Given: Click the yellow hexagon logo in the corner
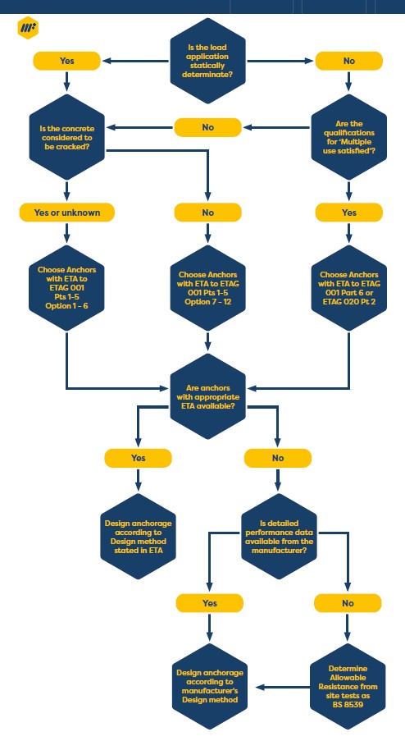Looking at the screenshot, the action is pos(28,29).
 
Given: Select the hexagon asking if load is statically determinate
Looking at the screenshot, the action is pos(207,61).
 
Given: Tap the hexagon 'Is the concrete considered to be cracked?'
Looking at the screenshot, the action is pos(66,137).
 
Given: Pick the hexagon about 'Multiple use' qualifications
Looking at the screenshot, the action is pos(348,137).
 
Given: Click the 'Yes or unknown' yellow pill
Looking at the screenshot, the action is pos(66,213).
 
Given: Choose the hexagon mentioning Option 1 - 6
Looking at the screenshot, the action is pos(66,288).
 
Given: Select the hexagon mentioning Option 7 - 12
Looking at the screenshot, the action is pos(207,288).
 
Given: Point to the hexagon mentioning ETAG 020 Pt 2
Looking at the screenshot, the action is pos(348,288).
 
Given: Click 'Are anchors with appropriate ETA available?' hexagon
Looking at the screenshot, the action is pos(207,396).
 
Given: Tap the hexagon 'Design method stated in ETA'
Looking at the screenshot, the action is pos(138,537).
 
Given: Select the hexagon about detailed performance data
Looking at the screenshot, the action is pos(279,537).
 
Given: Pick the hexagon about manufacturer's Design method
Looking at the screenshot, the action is pos(210,686).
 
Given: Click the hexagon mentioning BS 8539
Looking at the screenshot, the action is pos(348,686).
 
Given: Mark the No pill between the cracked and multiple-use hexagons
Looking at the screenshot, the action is pos(207,127).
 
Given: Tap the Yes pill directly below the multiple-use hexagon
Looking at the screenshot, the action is pos(348,213).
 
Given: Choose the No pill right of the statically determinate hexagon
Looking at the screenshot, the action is pos(348,61).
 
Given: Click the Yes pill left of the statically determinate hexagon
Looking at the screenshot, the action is pos(66,61).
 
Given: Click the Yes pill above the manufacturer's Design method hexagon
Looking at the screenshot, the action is pos(210,603).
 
